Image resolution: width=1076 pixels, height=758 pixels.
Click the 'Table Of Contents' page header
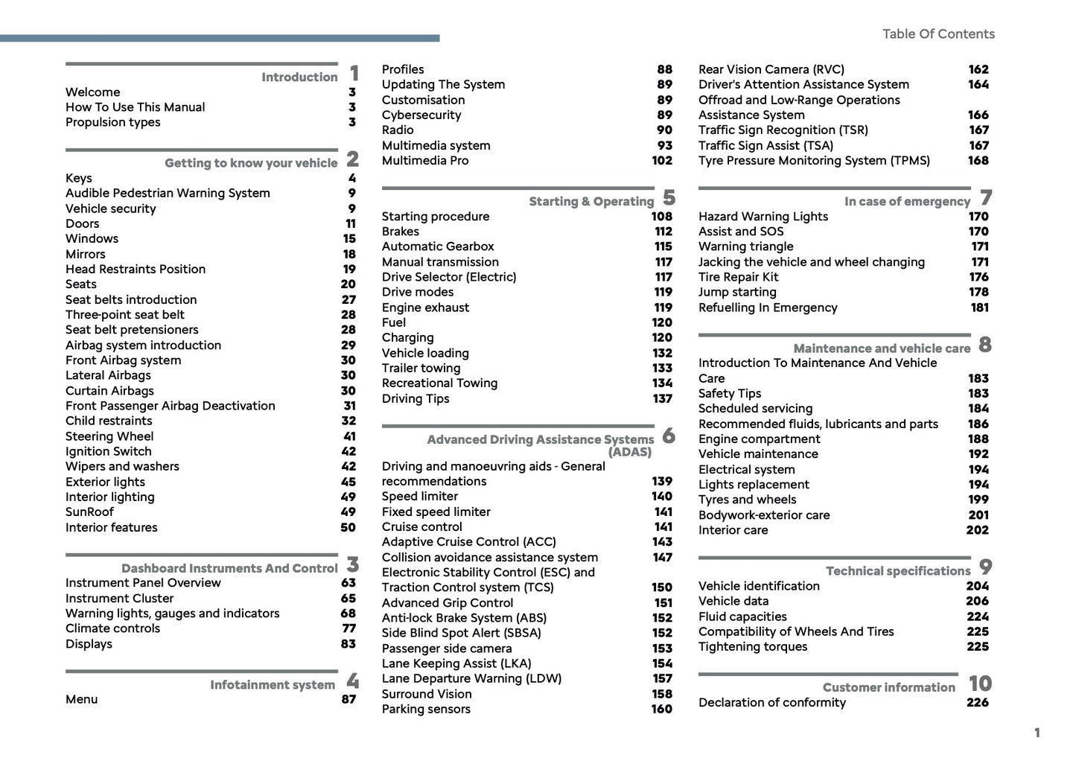click(937, 34)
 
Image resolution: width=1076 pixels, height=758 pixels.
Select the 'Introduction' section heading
click(299, 77)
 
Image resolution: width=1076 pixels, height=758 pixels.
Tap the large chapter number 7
click(986, 198)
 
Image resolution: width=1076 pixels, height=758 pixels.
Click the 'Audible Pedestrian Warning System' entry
click(168, 194)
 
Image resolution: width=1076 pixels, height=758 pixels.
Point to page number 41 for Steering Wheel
click(349, 436)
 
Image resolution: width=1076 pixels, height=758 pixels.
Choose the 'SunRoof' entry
click(89, 512)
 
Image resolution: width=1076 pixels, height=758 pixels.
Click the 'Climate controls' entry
click(112, 628)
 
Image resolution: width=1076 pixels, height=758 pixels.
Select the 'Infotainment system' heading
click(272, 685)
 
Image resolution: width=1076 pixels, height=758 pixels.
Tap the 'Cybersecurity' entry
click(421, 115)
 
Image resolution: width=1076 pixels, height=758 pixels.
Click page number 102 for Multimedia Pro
click(661, 161)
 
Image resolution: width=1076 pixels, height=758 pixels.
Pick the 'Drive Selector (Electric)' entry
click(448, 277)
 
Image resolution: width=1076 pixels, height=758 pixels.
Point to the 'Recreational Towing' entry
click(439, 383)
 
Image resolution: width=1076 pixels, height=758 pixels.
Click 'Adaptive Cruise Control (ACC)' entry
click(468, 542)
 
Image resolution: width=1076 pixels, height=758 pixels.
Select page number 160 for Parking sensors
click(661, 710)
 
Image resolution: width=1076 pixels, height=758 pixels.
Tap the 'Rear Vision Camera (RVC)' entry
click(771, 69)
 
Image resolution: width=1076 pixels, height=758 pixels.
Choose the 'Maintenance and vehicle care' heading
click(881, 348)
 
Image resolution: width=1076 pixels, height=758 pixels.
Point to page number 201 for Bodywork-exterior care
click(978, 515)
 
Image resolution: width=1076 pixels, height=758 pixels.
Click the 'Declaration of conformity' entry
click(771, 703)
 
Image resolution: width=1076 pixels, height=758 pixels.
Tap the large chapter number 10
click(980, 684)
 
